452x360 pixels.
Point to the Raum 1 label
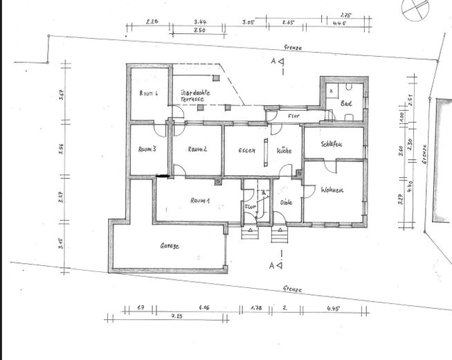(x=200, y=201)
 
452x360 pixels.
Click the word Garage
(x=170, y=246)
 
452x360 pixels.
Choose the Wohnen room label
(x=332, y=190)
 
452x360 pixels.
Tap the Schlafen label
(x=333, y=145)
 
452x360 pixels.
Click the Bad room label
(x=346, y=104)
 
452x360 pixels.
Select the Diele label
(x=287, y=203)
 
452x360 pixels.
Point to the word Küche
(x=284, y=150)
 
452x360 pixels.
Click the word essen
(x=247, y=150)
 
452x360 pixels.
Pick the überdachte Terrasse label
(x=195, y=96)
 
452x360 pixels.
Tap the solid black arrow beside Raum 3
(x=163, y=178)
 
